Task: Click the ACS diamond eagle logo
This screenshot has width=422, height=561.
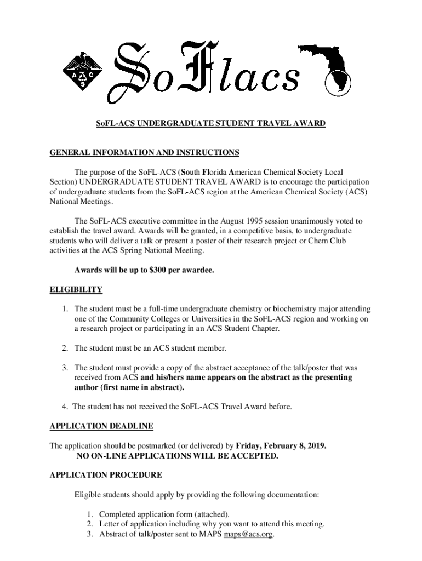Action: [x=83, y=71]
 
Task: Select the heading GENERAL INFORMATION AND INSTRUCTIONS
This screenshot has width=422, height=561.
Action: [x=144, y=152]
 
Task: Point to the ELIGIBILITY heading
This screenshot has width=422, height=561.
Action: [x=76, y=289]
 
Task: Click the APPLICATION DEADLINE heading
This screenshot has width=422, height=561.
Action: [x=101, y=426]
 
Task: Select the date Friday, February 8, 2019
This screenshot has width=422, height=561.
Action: [x=281, y=445]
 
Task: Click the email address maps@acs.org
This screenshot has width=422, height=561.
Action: [x=248, y=534]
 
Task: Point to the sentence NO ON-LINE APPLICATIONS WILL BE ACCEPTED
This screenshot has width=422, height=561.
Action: [x=177, y=455]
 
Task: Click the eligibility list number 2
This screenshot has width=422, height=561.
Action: [x=64, y=348]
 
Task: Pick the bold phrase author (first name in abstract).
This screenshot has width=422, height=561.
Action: [x=129, y=387]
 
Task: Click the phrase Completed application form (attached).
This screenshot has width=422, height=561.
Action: [x=164, y=514]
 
